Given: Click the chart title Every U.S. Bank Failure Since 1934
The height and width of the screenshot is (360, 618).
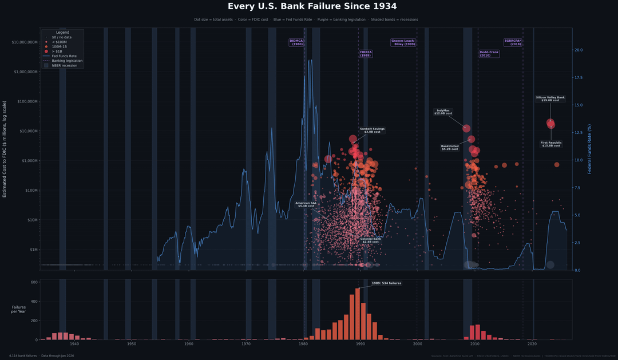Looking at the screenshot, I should [312, 6].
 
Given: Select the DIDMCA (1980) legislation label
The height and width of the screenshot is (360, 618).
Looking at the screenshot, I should [296, 42].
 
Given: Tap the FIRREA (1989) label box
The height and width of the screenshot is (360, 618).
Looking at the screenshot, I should [366, 54].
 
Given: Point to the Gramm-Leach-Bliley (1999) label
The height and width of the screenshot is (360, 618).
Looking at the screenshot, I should [403, 42].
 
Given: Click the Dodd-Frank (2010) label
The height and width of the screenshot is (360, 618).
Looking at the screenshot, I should [489, 54].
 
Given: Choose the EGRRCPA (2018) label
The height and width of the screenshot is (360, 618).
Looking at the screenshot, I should [513, 42].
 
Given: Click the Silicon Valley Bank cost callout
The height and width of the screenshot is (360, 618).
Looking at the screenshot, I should [550, 98].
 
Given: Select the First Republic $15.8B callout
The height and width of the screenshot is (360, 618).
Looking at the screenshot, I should [551, 144].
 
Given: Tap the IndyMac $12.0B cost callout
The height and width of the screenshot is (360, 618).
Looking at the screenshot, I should [443, 112].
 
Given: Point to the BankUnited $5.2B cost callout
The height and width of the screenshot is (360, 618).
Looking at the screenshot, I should [450, 147].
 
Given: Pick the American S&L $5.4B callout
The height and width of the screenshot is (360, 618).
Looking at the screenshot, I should [306, 204].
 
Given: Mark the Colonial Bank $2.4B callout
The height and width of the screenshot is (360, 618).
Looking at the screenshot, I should [371, 240].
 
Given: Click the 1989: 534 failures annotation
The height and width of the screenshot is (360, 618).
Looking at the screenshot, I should [386, 283].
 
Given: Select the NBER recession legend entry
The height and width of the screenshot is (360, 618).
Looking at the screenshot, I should [64, 65].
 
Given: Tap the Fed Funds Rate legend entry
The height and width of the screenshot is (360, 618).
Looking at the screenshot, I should [64, 56].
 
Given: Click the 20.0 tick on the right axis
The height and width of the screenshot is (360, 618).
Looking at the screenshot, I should [578, 50].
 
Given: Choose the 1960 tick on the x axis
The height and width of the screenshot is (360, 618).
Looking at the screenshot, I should [189, 344].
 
